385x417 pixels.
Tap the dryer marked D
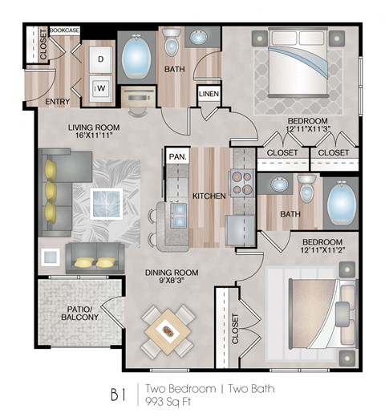coord(103,59)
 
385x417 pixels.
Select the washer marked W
coord(103,87)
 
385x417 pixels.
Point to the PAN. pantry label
coord(176,157)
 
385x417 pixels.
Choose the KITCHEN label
coord(207,196)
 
